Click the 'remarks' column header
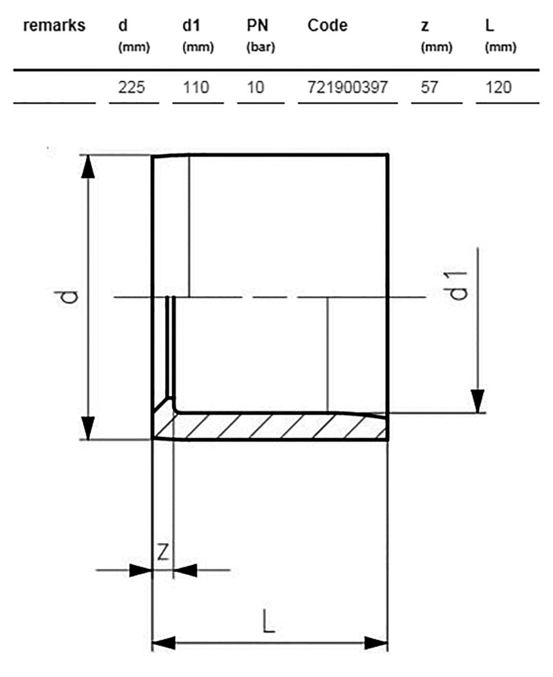54,26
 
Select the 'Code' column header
327,26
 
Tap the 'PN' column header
257,26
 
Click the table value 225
132,88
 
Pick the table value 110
196,88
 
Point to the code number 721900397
347,88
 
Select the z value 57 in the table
429,88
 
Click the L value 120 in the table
498,88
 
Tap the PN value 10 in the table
255,88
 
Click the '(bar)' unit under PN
261,47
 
